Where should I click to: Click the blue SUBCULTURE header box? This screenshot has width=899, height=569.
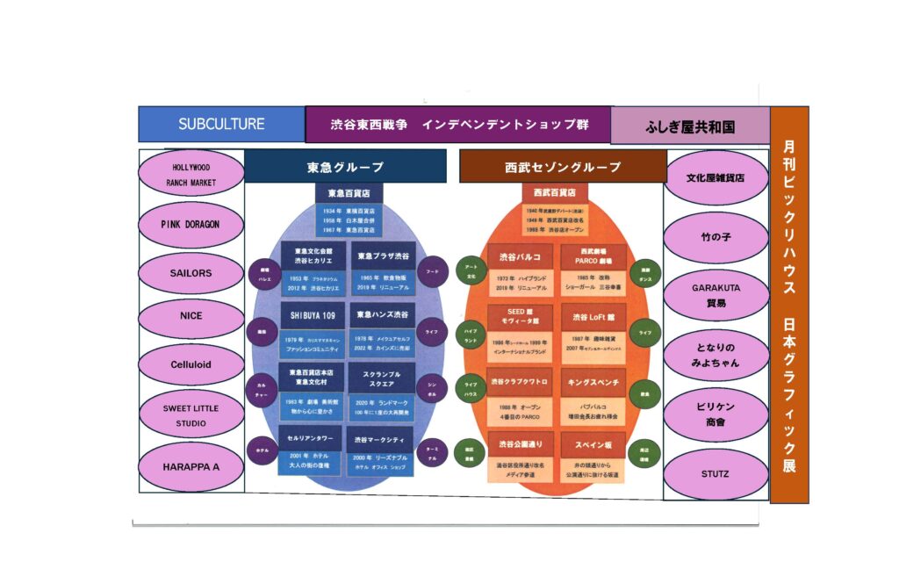pyautogui.click(x=221, y=124)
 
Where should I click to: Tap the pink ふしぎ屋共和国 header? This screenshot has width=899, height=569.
pyautogui.click(x=689, y=126)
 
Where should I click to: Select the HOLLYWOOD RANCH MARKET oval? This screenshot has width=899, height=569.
pyautogui.click(x=192, y=174)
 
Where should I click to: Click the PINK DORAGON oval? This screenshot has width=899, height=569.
pyautogui.click(x=191, y=224)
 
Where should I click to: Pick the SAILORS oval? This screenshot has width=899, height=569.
pyautogui.click(x=191, y=273)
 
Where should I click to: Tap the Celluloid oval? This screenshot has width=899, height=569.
pyautogui.click(x=191, y=364)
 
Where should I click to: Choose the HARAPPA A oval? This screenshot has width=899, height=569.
pyautogui.click(x=191, y=466)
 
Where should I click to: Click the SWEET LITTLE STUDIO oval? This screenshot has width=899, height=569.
pyautogui.click(x=191, y=415)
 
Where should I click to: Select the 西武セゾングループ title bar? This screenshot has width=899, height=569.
pyautogui.click(x=563, y=167)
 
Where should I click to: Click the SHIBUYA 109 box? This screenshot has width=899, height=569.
pyautogui.click(x=312, y=313)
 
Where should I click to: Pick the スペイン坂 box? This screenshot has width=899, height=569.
pyautogui.click(x=593, y=444)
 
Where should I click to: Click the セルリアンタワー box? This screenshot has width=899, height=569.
pyautogui.click(x=312, y=437)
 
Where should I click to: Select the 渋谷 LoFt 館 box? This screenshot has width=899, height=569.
pyautogui.click(x=593, y=316)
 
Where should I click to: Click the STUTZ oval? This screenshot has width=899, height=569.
pyautogui.click(x=716, y=474)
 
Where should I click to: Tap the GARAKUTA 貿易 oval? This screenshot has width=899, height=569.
pyautogui.click(x=716, y=294)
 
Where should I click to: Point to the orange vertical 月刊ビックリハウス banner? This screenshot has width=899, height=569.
pyautogui.click(x=789, y=304)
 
